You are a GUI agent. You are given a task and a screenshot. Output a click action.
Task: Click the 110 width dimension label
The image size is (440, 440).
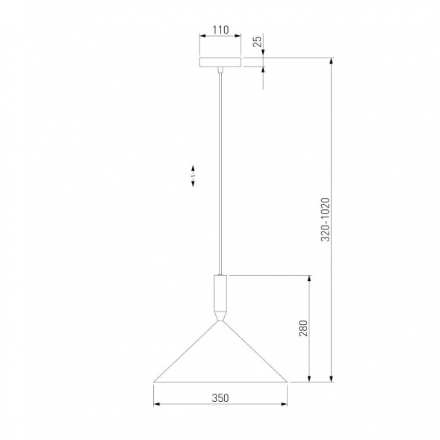click(x=220, y=29)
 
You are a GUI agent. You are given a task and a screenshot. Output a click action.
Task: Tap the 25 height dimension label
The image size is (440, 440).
click(x=258, y=41)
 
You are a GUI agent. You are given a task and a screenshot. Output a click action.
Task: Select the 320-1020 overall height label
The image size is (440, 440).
click(x=326, y=220)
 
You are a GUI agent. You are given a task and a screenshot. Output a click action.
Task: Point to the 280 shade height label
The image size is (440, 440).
click(x=303, y=328)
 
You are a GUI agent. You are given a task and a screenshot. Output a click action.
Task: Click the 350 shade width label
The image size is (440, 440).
click(x=220, y=398)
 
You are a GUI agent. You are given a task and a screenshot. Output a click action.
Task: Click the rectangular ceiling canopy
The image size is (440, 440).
click(x=220, y=62)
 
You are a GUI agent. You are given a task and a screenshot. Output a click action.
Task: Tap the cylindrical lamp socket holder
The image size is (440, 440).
click(x=220, y=293)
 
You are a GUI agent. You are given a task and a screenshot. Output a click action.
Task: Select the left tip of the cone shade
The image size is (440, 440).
click(x=154, y=382)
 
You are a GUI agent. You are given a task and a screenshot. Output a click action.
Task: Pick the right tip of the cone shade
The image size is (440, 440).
click(x=288, y=382)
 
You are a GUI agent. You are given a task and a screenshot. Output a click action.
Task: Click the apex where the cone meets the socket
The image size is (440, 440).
click(x=220, y=321)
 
